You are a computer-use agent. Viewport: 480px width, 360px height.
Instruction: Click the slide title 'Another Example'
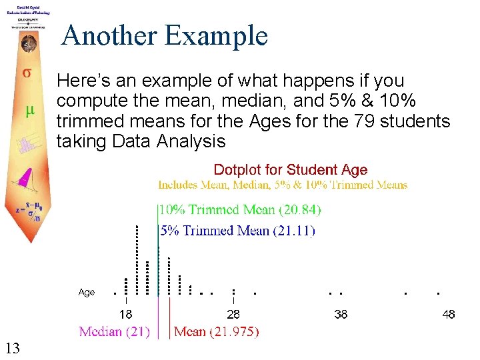tap(164, 35)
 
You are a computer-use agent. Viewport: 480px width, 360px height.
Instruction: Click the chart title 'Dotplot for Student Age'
tap(290, 170)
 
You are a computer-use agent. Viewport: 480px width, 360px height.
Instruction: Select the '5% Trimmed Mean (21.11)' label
tap(237, 231)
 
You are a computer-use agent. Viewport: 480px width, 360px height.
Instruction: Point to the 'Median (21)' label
tap(114, 331)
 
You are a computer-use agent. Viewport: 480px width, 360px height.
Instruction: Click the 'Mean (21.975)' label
tap(217, 331)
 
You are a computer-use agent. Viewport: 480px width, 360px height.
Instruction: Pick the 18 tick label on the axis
tap(125, 314)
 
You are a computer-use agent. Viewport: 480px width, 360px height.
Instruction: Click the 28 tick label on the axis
tap(233, 314)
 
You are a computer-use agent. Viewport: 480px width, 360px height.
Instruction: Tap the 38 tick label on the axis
tap(341, 314)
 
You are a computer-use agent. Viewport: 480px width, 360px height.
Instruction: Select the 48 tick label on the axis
tap(449, 314)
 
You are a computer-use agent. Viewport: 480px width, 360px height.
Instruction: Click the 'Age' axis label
tap(87, 292)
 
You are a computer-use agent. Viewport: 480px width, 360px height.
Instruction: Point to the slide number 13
tap(12, 347)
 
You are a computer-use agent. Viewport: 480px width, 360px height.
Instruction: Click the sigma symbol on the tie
tap(27, 72)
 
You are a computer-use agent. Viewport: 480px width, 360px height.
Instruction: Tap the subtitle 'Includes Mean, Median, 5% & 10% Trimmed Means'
tap(283, 185)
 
